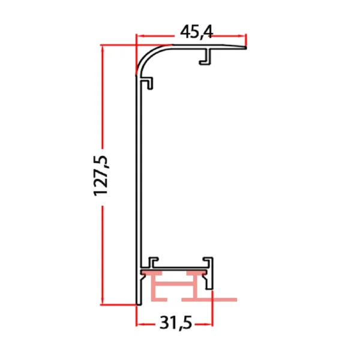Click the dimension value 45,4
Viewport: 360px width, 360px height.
click(x=191, y=31)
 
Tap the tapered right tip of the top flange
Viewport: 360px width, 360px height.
click(x=243, y=47)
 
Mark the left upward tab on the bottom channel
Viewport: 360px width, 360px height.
click(x=153, y=262)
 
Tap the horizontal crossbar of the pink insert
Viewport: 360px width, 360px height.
click(x=176, y=281)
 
